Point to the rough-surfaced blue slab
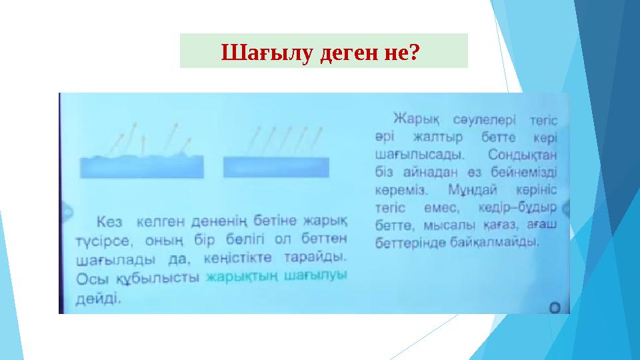coord(138,167)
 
